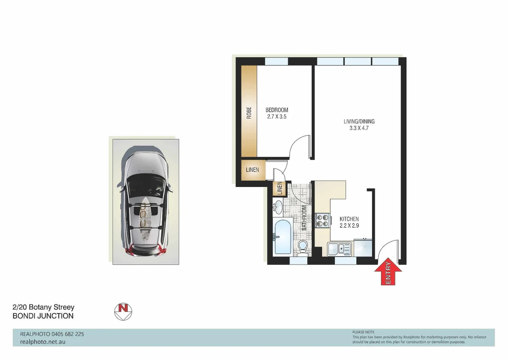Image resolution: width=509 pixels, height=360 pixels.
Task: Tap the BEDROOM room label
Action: click(x=276, y=110)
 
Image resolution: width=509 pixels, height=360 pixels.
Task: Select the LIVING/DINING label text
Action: click(x=359, y=122)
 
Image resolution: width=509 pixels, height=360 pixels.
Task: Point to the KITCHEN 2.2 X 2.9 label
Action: click(x=349, y=222)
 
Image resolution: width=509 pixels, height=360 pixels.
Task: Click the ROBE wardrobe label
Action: click(x=249, y=113)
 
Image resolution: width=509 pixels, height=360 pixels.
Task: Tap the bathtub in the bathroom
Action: click(x=282, y=237)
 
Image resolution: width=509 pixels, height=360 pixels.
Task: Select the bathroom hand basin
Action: click(x=278, y=207)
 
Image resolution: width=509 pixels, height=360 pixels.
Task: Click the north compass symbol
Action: click(x=123, y=312)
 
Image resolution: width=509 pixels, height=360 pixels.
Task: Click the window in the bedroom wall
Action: click(x=276, y=61)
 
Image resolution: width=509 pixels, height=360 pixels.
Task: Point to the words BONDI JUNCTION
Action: click(x=43, y=316)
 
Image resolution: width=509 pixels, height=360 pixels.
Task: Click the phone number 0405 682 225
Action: click(x=68, y=334)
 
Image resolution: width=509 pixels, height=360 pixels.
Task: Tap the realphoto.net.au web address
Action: click(x=43, y=342)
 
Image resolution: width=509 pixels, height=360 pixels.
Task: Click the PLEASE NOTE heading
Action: click(x=363, y=332)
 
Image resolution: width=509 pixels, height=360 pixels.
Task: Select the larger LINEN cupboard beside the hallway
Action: click(x=253, y=170)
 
